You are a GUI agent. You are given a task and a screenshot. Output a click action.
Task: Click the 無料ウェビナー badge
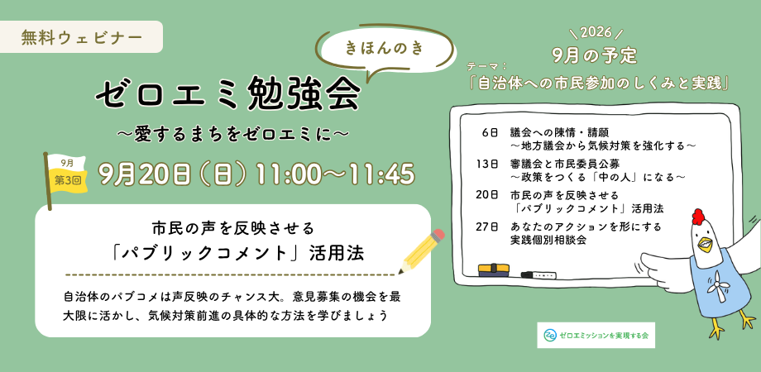[x=81, y=37]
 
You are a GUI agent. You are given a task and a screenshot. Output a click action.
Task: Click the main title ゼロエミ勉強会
[x=227, y=94]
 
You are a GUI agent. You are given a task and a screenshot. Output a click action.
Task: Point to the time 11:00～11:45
[x=335, y=174]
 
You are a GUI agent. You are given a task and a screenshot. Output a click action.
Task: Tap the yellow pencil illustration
[x=421, y=251]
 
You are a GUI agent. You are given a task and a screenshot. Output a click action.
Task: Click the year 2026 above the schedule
[x=596, y=34]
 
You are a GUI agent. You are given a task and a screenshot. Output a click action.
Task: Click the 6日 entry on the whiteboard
[x=491, y=132]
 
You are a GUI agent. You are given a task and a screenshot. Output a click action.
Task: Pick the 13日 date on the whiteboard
[x=488, y=164]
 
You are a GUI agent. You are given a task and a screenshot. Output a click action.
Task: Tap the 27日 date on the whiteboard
[x=487, y=227]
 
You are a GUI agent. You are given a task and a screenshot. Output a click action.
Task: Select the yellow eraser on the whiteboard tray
[x=494, y=270]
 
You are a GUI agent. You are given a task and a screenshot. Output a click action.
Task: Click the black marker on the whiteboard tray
[x=538, y=275]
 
